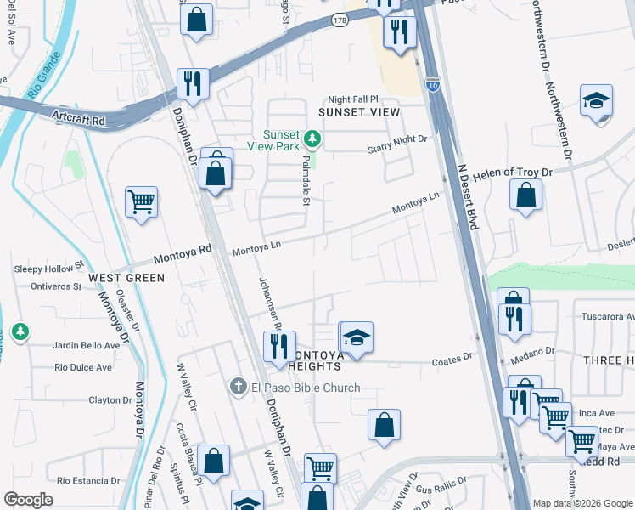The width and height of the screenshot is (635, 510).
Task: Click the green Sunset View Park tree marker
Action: point(313,137)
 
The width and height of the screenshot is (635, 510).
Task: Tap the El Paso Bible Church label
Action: point(306,388)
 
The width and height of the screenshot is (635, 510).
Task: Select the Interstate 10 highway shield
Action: point(433,85)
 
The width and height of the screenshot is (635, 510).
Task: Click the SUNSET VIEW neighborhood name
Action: point(358,112)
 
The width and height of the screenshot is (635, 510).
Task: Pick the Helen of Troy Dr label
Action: point(513,173)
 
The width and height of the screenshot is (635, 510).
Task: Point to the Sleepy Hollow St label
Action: point(49,269)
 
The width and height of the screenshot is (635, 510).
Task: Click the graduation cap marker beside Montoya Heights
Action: point(357,337)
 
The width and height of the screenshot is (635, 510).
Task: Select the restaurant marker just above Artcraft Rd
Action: point(193,83)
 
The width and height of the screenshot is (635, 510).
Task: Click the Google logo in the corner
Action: point(28,500)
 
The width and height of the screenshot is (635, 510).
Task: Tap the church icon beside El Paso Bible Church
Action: point(240,388)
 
